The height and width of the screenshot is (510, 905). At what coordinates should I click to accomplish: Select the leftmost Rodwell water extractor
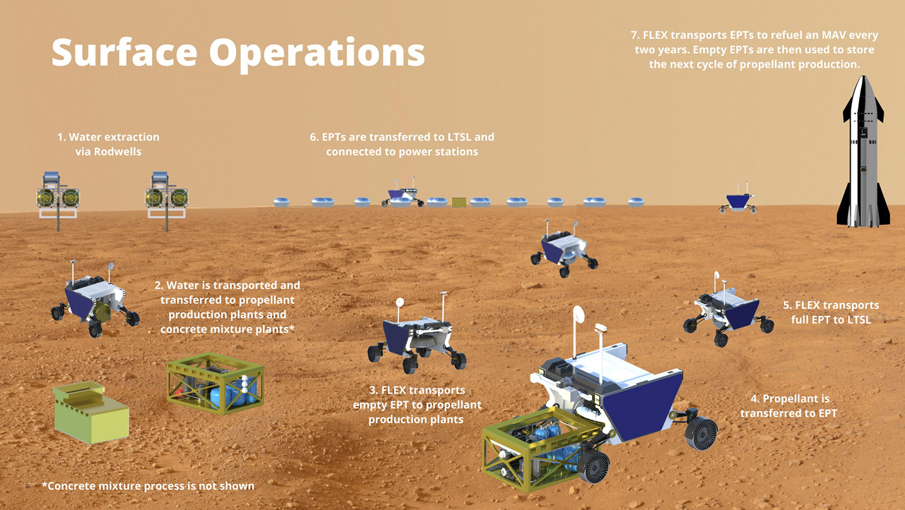(58, 195)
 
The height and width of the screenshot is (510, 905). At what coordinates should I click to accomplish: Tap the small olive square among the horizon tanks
(458, 203)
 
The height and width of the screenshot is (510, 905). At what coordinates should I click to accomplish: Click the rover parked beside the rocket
(738, 199)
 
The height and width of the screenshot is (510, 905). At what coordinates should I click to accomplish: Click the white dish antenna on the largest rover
(578, 315)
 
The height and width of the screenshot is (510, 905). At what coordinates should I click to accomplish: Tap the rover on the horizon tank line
(403, 194)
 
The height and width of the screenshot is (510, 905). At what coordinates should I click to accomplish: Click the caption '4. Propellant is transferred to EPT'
(789, 406)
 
